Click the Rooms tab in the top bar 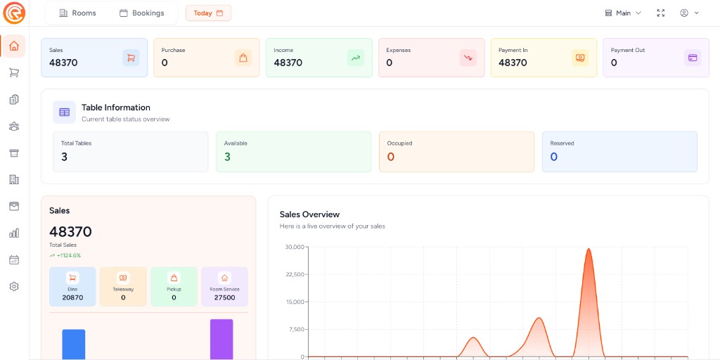77,13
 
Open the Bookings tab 141,13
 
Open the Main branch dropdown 623,13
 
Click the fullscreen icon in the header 660,13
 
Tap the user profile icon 684,13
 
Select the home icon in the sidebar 14,46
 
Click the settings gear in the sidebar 14,286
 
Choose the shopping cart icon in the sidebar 14,72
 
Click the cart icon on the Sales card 131,58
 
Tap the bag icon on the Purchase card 243,58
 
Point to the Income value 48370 288,63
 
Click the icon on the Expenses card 468,58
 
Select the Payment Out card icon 693,58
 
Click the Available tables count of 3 227,157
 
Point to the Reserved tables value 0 553,157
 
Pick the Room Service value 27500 224,297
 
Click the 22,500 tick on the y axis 295,274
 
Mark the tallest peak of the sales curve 589,249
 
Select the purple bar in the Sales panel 221,339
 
